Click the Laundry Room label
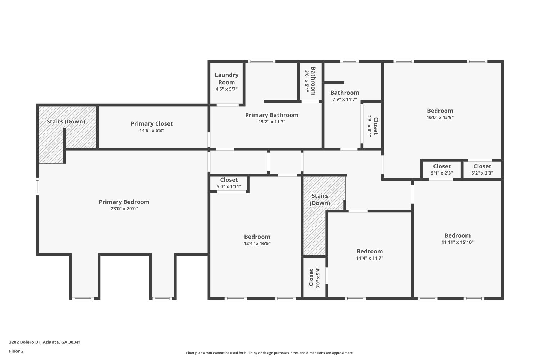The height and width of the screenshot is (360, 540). click(x=226, y=78)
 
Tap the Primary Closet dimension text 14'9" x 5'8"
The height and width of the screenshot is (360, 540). click(x=152, y=130)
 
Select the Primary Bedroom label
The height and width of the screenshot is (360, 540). click(x=124, y=202)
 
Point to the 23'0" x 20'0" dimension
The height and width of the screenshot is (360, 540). click(x=124, y=208)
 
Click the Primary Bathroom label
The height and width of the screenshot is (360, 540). click(x=272, y=115)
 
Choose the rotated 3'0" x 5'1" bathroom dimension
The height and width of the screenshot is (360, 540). click(x=307, y=81)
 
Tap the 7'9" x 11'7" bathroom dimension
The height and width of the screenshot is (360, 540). click(x=345, y=99)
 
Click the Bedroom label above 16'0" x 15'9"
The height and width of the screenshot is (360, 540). click(x=440, y=111)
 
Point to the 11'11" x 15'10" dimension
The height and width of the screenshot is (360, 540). click(x=458, y=242)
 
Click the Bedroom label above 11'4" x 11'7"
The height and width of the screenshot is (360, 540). click(x=370, y=251)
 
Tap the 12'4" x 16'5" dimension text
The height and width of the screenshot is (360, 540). click(x=257, y=243)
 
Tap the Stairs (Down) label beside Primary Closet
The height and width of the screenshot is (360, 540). click(x=66, y=122)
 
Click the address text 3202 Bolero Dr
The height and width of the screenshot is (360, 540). click(x=25, y=342)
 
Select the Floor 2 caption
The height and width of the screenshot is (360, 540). click(x=17, y=351)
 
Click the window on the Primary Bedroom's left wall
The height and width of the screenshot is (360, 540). click(x=37, y=186)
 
